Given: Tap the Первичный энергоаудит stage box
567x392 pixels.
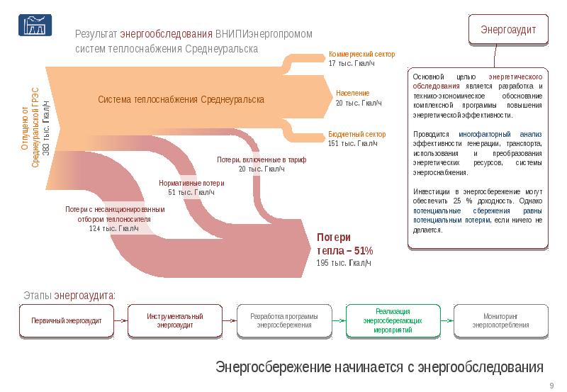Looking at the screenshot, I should coord(67,321).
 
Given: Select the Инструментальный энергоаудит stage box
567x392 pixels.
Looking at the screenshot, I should coord(175,320).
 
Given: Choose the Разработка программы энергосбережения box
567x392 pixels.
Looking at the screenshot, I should coord(284,320).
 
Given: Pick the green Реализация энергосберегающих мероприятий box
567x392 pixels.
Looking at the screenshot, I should coord(393,320).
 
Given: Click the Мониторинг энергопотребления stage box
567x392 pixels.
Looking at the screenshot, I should coord(501,320).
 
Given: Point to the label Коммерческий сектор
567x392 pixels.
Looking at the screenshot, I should coord(361,55).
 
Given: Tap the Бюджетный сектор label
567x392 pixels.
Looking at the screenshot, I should coord(357,134).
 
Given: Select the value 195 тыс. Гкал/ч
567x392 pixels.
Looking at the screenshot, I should coord(343,263).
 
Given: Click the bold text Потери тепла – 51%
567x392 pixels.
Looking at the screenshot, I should coord(344,244).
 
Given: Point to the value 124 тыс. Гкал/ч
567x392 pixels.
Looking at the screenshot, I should coord(113,228).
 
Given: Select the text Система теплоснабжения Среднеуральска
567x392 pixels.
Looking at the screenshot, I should coord(181,100).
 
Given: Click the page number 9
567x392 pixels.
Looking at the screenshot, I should coord(551,385).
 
